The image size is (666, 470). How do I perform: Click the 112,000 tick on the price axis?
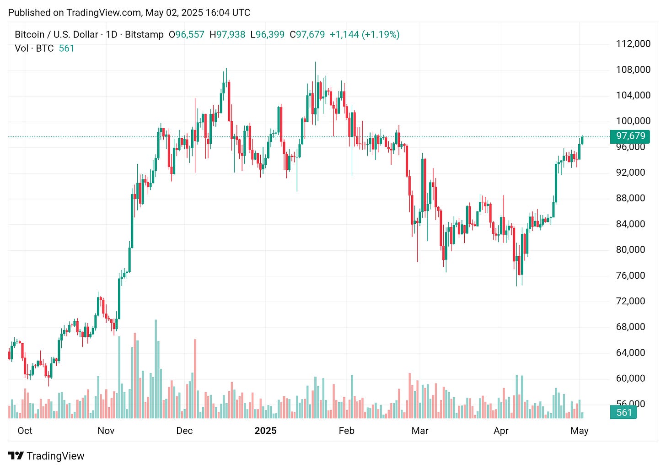pyautogui.click(x=633, y=44)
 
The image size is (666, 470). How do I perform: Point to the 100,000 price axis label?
pyautogui.click(x=633, y=121)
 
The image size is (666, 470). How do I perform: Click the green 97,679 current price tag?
pyautogui.click(x=630, y=136)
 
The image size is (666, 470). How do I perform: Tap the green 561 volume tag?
pyautogui.click(x=624, y=412)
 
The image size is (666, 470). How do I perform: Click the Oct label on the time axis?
pyautogui.click(x=25, y=431)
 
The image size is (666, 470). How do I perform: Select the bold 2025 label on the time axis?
pyautogui.click(x=265, y=431)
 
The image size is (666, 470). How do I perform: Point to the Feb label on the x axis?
pyautogui.click(x=346, y=431)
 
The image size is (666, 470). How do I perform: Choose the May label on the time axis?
pyautogui.click(x=580, y=431)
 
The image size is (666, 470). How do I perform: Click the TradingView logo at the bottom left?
pyautogui.click(x=46, y=456)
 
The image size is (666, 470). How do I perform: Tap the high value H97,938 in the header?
pyautogui.click(x=227, y=35)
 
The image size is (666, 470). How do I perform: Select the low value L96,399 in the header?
pyautogui.click(x=268, y=35)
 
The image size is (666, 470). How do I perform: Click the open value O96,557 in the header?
pyautogui.click(x=187, y=35)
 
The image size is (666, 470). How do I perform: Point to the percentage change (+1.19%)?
pyautogui.click(x=381, y=35)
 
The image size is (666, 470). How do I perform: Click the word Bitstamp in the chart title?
pyautogui.click(x=144, y=35)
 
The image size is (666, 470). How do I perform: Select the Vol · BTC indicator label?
pyautogui.click(x=34, y=49)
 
